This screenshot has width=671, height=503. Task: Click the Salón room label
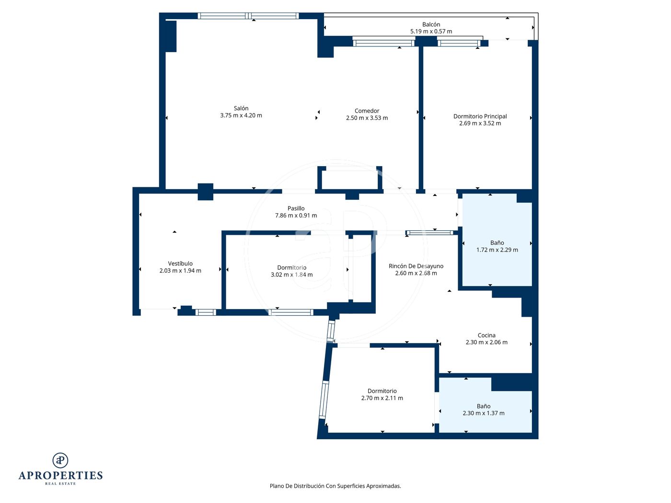click(x=241, y=108)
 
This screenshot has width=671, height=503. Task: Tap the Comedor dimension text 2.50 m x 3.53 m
click(x=367, y=118)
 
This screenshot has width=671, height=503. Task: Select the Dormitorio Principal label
click(x=480, y=116)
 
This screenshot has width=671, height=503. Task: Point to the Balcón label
click(x=431, y=24)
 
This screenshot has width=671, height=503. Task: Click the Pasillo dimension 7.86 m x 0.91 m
click(x=296, y=215)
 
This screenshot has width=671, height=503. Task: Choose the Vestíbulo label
click(x=180, y=263)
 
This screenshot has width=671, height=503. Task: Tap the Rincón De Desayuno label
click(x=416, y=266)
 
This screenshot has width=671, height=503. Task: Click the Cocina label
click(x=486, y=335)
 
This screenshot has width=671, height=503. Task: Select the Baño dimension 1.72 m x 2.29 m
click(x=497, y=250)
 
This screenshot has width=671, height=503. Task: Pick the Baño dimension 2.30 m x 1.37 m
click(x=484, y=413)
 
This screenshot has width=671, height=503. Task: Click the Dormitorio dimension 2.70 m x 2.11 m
click(x=382, y=398)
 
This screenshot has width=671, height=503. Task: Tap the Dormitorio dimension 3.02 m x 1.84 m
click(x=291, y=274)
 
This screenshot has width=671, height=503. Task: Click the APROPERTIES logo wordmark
click(x=60, y=476)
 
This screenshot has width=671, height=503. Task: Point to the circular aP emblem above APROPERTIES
click(x=60, y=460)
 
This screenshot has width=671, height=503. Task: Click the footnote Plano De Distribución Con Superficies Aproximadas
click(x=335, y=486)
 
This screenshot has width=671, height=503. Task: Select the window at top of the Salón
click(x=248, y=16)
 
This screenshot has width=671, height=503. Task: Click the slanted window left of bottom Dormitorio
click(x=324, y=400)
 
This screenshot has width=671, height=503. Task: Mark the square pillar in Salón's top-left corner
click(x=171, y=36)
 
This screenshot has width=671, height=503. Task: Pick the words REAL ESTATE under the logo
click(x=60, y=484)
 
